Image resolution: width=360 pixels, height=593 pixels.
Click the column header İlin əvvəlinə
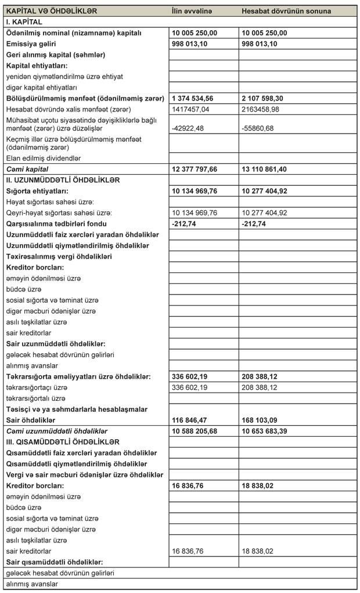[x=192, y=11]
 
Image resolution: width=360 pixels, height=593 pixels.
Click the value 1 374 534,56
[x=196, y=98]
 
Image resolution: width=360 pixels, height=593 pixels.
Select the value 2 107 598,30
[x=265, y=98]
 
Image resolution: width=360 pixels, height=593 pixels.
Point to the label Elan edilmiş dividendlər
[x=44, y=158]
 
